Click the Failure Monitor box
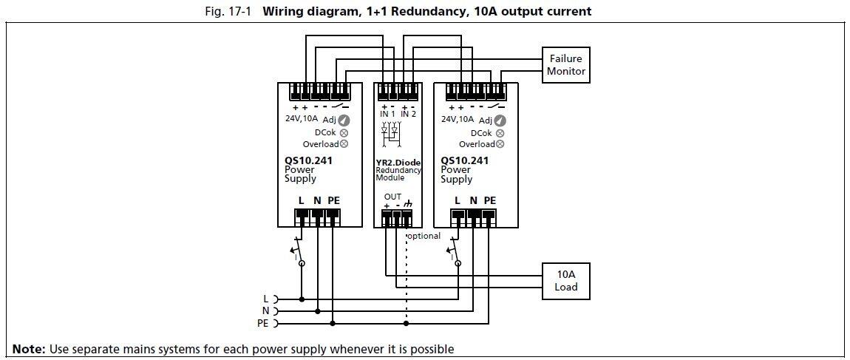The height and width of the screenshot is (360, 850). tap(566, 65)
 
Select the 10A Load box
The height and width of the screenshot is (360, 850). tap(566, 280)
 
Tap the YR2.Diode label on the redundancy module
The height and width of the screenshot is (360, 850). tap(398, 163)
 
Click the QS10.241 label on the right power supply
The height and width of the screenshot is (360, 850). tap(464, 160)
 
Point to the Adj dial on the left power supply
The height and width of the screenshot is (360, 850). tap(344, 120)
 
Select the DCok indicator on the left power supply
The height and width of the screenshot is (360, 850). tap(344, 132)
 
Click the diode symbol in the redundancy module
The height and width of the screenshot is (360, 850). tap(390, 131)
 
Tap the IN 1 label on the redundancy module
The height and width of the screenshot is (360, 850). tap(387, 115)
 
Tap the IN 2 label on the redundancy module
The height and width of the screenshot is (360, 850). tap(408, 115)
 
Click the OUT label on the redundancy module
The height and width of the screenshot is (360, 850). tap(392, 197)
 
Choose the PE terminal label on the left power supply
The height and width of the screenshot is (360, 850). tap(333, 200)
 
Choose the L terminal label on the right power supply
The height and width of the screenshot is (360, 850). tap(458, 200)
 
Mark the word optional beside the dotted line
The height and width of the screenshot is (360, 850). tap(424, 236)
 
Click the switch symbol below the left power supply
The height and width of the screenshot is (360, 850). tap(299, 250)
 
